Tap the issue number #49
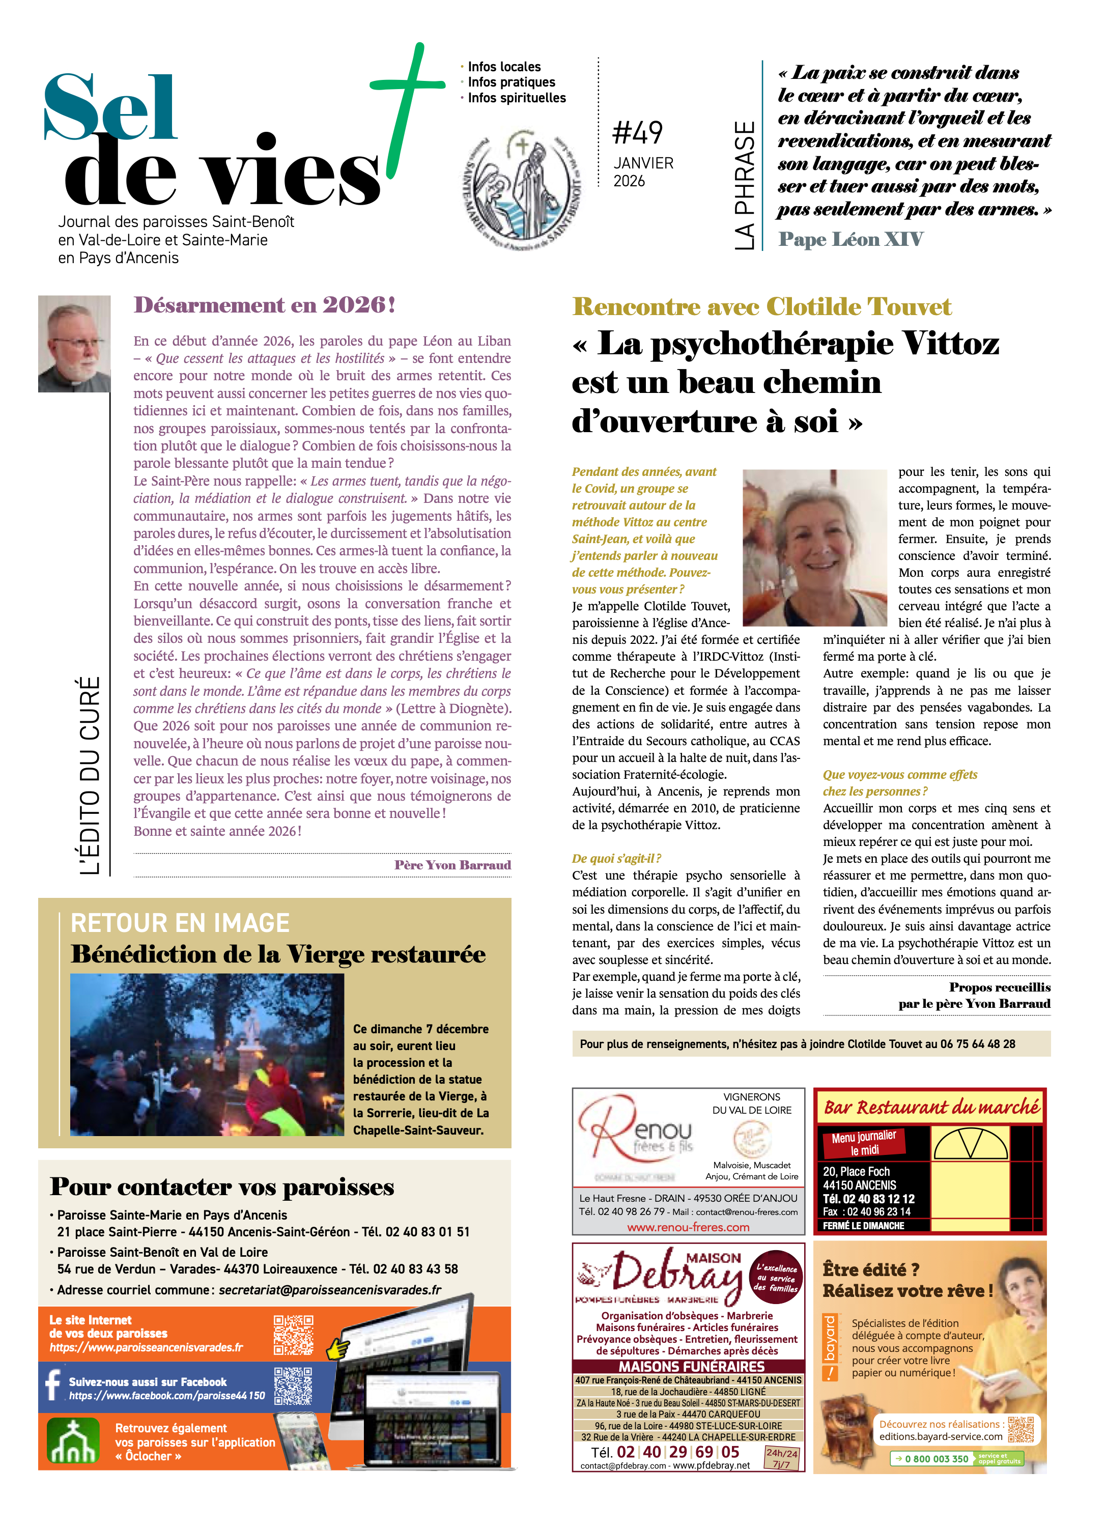pos(637,133)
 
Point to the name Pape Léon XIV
pos(850,240)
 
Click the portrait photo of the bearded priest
pos(74,344)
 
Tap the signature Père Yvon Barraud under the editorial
pos(452,865)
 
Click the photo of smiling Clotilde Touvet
pos(814,547)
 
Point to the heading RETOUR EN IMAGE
pos(180,923)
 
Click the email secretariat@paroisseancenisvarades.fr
pos(330,1290)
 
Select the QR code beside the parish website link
pos(293,1335)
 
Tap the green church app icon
pos(73,1441)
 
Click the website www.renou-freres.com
pos(688,1227)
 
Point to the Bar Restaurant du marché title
pos(931,1108)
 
